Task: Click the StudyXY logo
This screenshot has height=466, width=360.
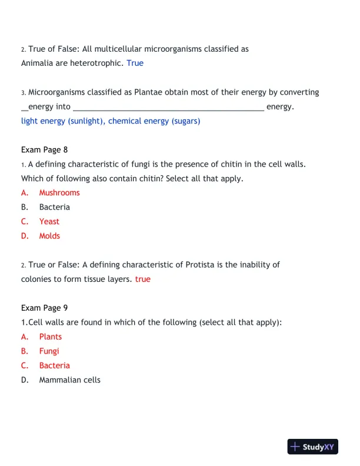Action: [x=313, y=447]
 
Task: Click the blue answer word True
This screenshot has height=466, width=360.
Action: [x=135, y=63]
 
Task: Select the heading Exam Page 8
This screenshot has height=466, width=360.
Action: [x=44, y=149]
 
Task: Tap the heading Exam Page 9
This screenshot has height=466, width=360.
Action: [x=44, y=308]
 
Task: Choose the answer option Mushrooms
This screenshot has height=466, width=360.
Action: [x=59, y=192]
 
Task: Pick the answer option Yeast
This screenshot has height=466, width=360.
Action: [x=49, y=221]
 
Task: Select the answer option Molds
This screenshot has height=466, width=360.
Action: [x=49, y=236]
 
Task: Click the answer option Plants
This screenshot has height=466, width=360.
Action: [x=51, y=337]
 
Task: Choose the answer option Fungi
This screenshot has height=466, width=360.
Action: [x=49, y=351]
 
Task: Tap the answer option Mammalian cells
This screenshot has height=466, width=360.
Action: [x=70, y=380]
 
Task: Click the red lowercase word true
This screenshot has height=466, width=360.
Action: [x=143, y=279]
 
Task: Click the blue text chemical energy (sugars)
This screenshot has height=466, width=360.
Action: [x=155, y=121]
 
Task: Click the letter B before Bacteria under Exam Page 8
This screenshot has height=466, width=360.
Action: [x=24, y=207]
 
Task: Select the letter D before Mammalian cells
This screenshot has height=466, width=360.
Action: [x=25, y=380]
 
